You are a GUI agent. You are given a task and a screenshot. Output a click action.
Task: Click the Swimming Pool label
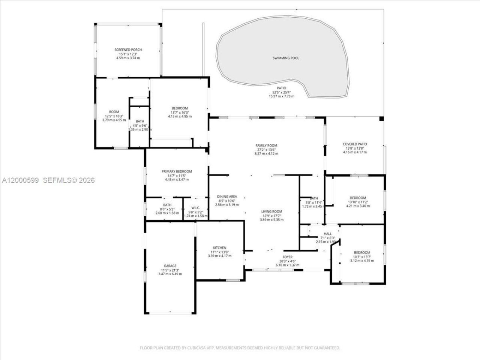tap(285, 58)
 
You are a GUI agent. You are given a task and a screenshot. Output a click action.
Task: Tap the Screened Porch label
tap(128, 50)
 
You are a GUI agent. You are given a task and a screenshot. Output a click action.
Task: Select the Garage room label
tap(170, 266)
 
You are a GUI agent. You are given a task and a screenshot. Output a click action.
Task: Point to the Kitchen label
tap(219, 248)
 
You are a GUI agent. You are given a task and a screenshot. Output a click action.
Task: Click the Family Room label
tap(266, 145)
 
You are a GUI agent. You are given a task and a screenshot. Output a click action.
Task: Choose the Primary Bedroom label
tap(177, 171)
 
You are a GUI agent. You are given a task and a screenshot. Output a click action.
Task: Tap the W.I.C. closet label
tap(195, 208)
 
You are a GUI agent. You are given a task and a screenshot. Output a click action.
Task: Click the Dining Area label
tap(227, 196)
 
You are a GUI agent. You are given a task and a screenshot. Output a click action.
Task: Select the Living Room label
tap(271, 211)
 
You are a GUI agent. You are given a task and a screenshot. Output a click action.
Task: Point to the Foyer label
tap(288, 257)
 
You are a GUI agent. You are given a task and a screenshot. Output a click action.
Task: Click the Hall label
tap(327, 234)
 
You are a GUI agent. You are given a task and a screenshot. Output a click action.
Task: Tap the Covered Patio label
tap(355, 144)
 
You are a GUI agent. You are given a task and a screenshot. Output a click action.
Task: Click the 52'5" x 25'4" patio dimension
tap(281, 92)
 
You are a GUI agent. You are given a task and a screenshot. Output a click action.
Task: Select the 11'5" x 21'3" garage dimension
tap(170, 270)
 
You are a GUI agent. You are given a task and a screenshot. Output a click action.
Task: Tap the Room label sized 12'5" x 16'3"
tap(114, 112)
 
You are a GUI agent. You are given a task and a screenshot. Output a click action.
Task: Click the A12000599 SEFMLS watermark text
tap(48, 180)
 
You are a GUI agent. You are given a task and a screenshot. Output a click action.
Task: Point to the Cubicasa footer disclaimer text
tap(240, 348)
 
